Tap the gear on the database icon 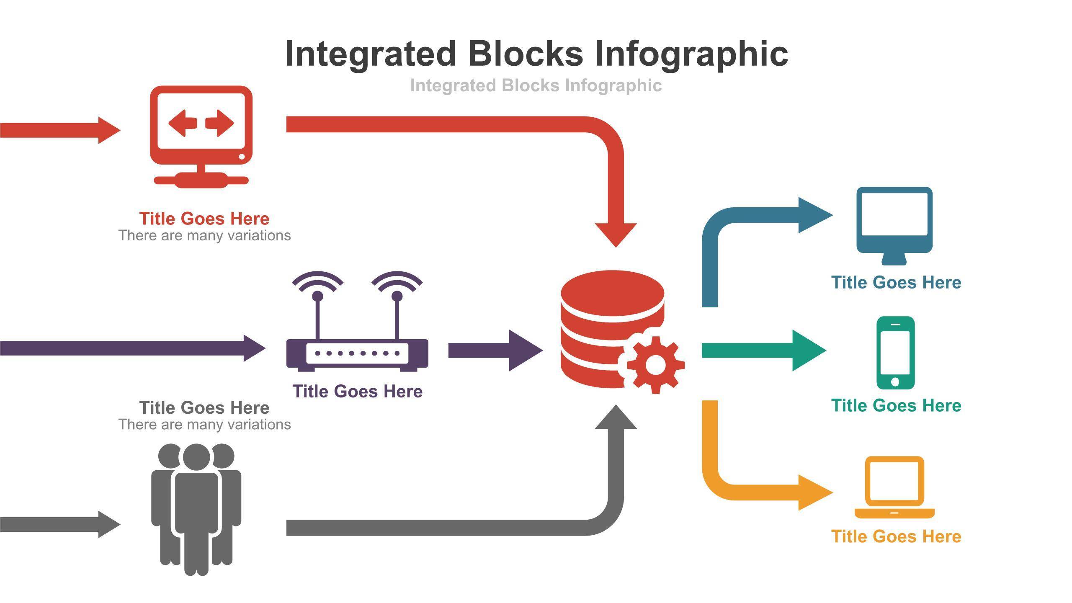click(x=655, y=365)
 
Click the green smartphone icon click(x=895, y=353)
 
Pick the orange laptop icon click(x=894, y=488)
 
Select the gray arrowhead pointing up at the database click(x=616, y=419)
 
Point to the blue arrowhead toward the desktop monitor click(x=814, y=215)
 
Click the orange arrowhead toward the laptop click(x=814, y=492)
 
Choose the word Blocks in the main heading click(x=525, y=54)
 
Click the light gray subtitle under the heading click(x=536, y=85)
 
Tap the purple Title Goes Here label click(x=357, y=392)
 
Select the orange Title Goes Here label click(x=896, y=536)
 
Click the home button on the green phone click(x=895, y=381)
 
